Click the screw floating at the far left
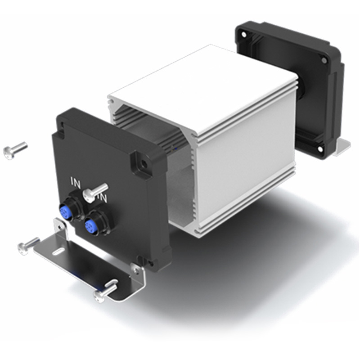coord(14,150)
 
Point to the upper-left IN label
coord(75,183)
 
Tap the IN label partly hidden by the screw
coord(104,198)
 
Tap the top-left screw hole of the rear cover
coord(244,34)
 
